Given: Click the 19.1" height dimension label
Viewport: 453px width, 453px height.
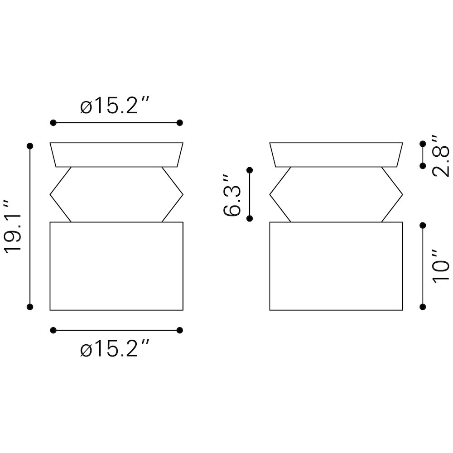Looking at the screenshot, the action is (13, 226).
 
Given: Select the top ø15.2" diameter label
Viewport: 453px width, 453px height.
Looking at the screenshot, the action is (115, 105).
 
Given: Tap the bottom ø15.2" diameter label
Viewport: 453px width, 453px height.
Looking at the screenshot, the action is (115, 348).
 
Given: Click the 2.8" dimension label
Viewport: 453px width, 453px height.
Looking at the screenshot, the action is (441, 156).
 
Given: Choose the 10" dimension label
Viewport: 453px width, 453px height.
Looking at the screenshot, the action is (441, 266).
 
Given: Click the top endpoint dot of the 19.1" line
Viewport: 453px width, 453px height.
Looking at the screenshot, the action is (30, 146).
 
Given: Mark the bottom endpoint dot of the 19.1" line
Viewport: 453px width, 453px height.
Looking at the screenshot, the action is (30, 307).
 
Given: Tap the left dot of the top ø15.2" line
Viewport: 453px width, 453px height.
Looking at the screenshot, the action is (53, 123).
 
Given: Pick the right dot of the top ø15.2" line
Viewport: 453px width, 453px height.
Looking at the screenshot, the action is (180, 123).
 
